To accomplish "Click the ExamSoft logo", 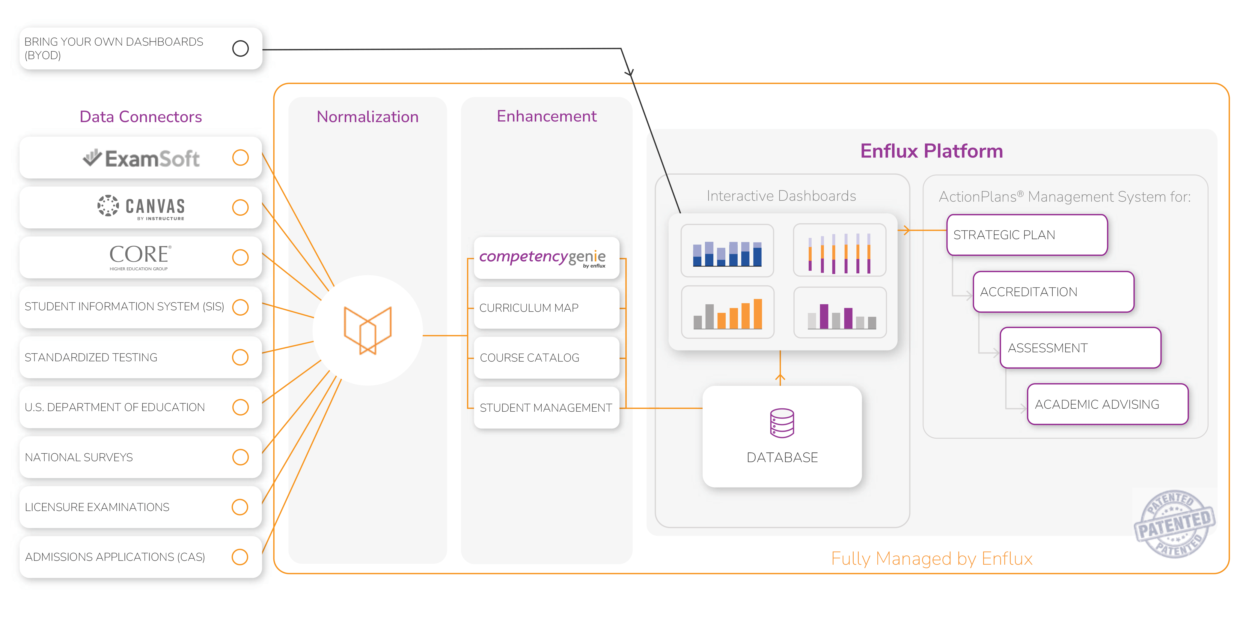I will pos(141,158).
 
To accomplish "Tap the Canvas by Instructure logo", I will pos(141,208).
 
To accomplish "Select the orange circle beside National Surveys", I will pos(240,457).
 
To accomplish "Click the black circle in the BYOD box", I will pos(240,49).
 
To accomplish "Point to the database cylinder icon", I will pos(782,423).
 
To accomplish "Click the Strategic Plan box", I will pos(1027,235).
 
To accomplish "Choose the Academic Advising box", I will pos(1108,404).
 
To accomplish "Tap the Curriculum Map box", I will pos(546,308).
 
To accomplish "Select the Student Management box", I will pos(546,407).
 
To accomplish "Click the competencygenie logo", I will pos(543,257).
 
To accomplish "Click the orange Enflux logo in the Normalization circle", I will pos(367,330).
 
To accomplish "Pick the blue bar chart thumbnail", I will pos(727,250).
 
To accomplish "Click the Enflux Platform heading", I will pos(931,151).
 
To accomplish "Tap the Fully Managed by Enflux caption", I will pos(931,558).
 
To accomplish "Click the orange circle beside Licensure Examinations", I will pos(240,507).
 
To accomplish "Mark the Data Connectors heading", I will pos(141,117).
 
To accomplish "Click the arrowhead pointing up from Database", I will pos(780,377).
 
